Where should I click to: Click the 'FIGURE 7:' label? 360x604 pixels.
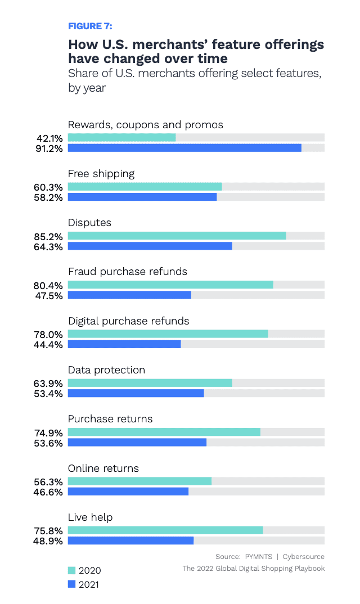coord(90,26)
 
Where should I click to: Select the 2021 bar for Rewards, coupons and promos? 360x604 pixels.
coord(184,148)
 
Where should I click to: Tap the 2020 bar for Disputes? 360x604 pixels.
coord(177,236)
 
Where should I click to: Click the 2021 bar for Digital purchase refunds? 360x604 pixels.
coord(124,344)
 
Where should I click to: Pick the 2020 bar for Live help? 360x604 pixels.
coord(165,530)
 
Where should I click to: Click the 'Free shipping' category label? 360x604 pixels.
coord(101,173)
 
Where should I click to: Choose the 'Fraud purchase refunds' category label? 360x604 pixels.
coord(128,272)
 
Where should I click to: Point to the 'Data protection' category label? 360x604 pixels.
coord(106,370)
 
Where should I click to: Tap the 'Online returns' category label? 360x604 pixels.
coord(103,468)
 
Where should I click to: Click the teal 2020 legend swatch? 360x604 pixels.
coord(71,570)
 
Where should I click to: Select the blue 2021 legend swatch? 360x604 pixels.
coord(71,584)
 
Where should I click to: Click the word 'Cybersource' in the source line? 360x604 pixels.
coord(303,557)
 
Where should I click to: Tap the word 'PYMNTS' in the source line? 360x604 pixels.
coord(258,557)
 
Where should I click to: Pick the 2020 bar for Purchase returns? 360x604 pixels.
coord(164,432)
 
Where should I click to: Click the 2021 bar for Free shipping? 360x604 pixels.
coord(142,197)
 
